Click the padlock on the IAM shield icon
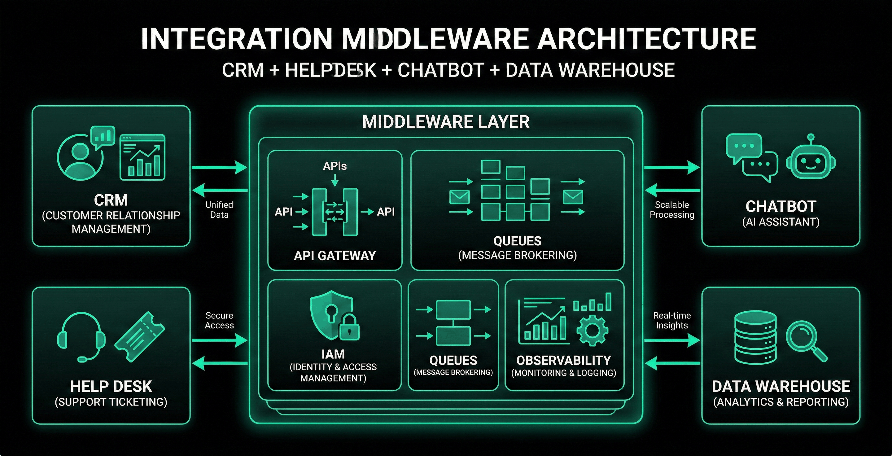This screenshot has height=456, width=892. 349,328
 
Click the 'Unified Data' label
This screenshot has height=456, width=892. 219,209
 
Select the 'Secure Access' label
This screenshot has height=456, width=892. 219,320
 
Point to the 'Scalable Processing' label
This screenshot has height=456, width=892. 672,209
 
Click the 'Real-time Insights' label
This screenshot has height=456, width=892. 672,320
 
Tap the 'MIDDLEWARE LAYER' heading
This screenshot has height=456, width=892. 446,122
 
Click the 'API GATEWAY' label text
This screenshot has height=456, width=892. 334,256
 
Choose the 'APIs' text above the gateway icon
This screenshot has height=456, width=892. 334,166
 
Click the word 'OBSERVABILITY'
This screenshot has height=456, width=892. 563,361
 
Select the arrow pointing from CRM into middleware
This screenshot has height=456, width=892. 220,168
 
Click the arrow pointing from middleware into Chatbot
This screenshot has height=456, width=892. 672,168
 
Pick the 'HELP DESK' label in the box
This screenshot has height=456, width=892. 111,386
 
